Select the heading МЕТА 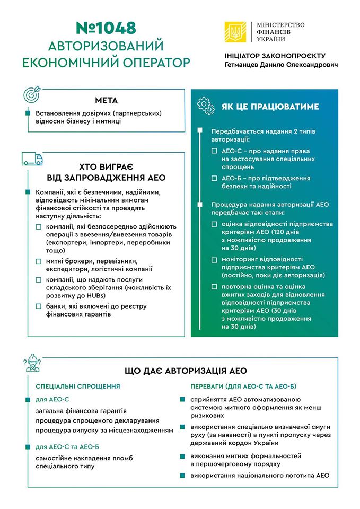[x=107, y=100]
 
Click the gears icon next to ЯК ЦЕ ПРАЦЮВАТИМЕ [x=206, y=106]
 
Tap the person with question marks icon [x=32, y=364]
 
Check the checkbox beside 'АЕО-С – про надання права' [x=214, y=151]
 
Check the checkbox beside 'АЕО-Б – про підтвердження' [x=214, y=178]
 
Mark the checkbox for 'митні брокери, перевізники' [x=39, y=261]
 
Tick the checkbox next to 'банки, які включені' [x=39, y=306]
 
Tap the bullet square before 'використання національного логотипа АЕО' [x=183, y=476]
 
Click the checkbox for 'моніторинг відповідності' [x=214, y=260]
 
